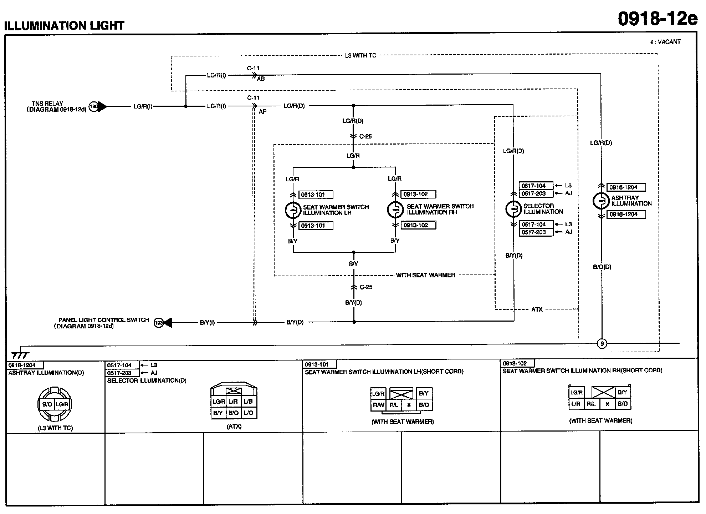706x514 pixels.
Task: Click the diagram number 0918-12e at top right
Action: pyautogui.click(x=657, y=19)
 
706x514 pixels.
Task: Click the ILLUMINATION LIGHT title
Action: pyautogui.click(x=64, y=26)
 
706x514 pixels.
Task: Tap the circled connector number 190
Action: pyautogui.click(x=93, y=106)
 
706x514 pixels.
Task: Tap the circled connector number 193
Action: pyautogui.click(x=158, y=323)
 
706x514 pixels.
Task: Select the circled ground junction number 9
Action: pyautogui.click(x=602, y=344)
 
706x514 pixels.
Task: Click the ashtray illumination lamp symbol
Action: pyautogui.click(x=601, y=201)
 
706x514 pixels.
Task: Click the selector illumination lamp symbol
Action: pyautogui.click(x=514, y=209)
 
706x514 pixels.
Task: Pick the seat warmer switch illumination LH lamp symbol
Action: pyautogui.click(x=293, y=210)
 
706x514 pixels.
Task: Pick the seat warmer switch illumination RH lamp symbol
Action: pyautogui.click(x=395, y=210)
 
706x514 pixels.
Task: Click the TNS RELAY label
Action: pyautogui.click(x=47, y=104)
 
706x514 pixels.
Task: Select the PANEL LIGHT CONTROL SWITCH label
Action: pyautogui.click(x=104, y=320)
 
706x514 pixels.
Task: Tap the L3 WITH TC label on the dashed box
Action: pyautogui.click(x=360, y=56)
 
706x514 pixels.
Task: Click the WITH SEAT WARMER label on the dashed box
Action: pyautogui.click(x=425, y=275)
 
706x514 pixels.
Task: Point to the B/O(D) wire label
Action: pyautogui.click(x=602, y=267)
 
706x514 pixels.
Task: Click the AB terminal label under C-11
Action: pyautogui.click(x=261, y=79)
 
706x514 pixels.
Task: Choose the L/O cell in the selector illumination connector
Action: pyautogui.click(x=249, y=413)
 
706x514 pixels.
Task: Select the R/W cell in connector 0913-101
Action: pyautogui.click(x=378, y=405)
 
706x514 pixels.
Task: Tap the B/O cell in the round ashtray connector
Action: pyautogui.click(x=47, y=404)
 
